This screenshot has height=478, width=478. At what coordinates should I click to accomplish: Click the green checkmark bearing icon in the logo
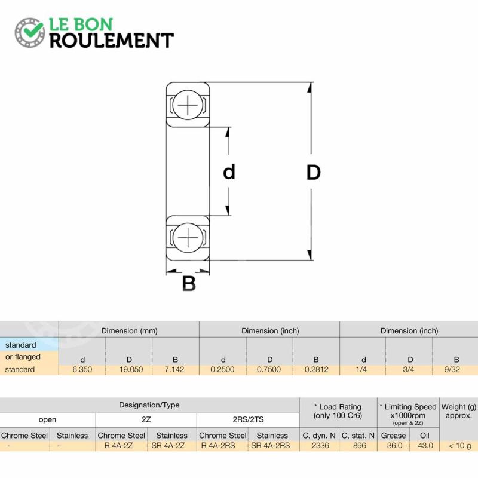29,32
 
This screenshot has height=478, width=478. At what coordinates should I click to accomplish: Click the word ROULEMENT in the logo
112,41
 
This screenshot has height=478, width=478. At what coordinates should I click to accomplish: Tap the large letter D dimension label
313,173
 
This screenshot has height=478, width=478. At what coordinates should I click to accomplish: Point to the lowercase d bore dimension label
229,172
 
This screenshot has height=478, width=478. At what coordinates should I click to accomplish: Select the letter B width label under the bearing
189,283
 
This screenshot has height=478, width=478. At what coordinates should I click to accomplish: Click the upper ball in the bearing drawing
188,105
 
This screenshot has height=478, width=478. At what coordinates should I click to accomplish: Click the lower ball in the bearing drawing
188,238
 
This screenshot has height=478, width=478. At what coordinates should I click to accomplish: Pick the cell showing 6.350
82,369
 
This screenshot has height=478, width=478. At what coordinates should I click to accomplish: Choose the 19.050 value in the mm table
131,369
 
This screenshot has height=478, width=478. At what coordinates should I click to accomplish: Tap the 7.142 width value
174,369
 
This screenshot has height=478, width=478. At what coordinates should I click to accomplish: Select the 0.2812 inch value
317,369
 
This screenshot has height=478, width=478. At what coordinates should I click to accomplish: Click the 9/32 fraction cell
452,369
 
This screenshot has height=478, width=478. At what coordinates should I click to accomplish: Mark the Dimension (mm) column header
129,331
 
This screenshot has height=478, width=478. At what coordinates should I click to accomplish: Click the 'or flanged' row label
23,357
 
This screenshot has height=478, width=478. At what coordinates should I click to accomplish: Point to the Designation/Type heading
149,405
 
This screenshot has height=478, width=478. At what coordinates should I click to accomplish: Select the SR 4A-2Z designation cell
168,445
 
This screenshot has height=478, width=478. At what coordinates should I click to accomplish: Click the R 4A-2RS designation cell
218,445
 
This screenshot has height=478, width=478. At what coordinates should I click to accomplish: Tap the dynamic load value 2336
320,445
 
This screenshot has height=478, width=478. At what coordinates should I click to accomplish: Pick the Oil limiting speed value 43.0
425,445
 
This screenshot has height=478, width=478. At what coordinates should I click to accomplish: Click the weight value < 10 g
459,446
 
